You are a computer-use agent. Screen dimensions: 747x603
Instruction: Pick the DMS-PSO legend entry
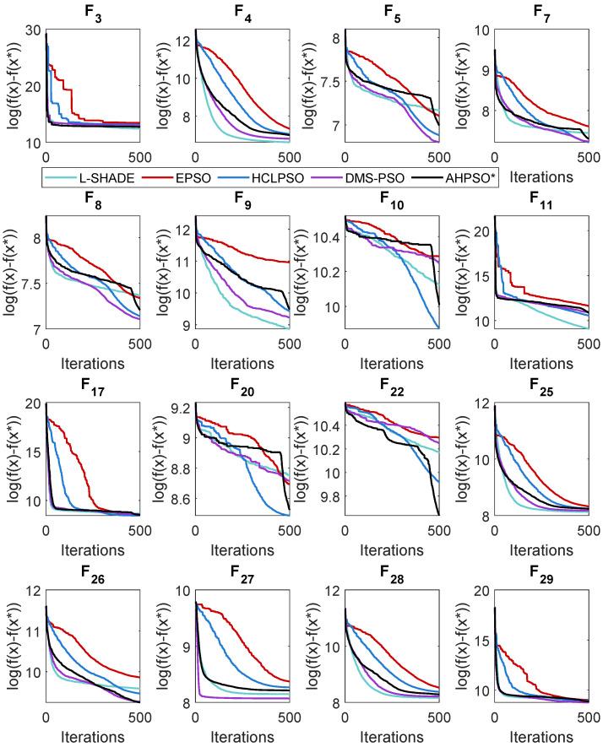tap(393, 177)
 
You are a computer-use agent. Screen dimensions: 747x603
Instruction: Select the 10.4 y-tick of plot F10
tap(324, 239)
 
